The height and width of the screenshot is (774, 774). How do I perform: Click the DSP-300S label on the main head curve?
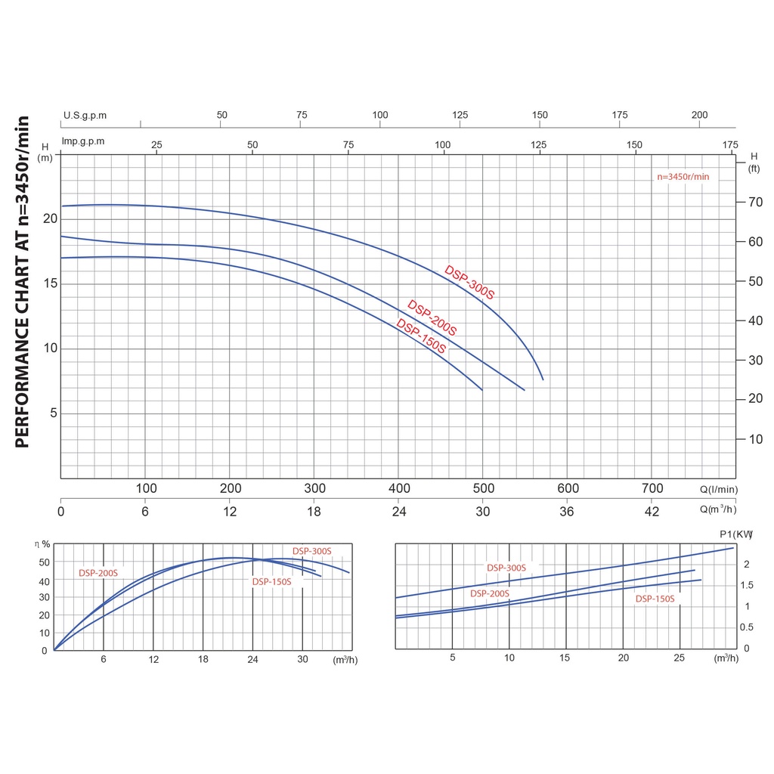[x=469, y=282]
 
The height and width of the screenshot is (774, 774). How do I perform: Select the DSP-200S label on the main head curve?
[x=432, y=318]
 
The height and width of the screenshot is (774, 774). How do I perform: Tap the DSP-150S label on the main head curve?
[x=421, y=336]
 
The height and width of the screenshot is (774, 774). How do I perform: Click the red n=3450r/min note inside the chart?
[x=683, y=177]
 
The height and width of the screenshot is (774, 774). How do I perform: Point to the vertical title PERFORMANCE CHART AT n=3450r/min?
[x=23, y=282]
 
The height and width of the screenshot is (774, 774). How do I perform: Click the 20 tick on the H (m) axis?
[x=51, y=219]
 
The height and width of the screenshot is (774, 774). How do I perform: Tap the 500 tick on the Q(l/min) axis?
[x=483, y=488]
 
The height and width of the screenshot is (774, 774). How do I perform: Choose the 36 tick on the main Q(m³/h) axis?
[x=567, y=512]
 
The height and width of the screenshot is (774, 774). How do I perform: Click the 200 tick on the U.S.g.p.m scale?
[x=699, y=115]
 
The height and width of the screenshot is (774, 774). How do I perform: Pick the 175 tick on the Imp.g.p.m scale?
[x=729, y=144]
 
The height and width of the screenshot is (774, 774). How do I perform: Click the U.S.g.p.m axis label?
[x=85, y=116]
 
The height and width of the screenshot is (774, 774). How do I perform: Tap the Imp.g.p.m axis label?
[x=83, y=141]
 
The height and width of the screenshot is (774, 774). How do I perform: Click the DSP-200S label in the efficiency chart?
[x=98, y=573]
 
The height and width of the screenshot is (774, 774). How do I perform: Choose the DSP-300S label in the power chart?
[x=506, y=568]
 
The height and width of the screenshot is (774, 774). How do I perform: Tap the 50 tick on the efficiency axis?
[x=45, y=562]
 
